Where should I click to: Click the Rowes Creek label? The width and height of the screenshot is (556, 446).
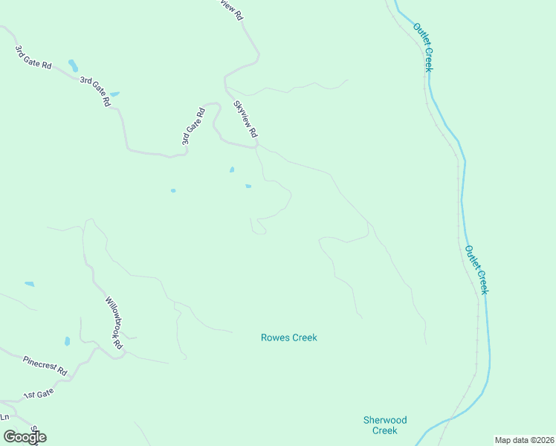coord(288,337)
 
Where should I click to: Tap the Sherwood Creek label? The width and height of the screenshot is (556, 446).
coord(384,425)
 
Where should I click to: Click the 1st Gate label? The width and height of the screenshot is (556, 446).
coord(39,396)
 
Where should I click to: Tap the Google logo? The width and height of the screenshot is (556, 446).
coord(25,436)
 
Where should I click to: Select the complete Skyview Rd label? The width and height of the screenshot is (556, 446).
coord(245,119)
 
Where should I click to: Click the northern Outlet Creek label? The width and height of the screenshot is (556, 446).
coord(424,47)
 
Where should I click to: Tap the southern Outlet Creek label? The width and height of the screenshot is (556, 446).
coord(476,269)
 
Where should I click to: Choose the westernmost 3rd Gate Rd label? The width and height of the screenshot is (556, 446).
coord(33,57)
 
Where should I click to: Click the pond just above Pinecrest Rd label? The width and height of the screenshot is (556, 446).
coord(67,341)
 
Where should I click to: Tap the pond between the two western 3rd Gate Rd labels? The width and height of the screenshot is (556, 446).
coord(73,65)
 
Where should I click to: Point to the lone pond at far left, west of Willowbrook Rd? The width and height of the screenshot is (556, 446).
coord(29,284)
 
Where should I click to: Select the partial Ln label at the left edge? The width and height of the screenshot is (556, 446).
coord(4,416)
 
